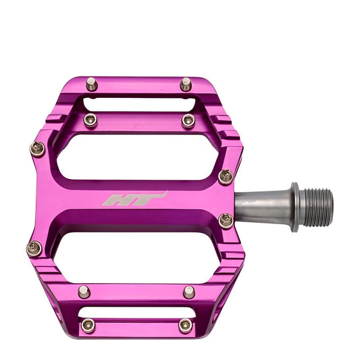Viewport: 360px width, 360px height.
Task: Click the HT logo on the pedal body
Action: (134, 199)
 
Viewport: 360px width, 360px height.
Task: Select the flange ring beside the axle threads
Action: (295, 207)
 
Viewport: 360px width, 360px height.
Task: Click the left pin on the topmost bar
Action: (92, 84)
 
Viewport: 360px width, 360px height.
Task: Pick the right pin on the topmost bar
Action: (186, 84)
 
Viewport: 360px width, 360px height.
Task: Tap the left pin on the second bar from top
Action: (91, 120)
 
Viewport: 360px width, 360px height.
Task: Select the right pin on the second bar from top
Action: (188, 121)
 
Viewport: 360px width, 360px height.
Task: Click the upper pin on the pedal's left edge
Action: (37, 149)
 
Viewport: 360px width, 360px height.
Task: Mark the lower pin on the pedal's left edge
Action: (34, 249)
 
